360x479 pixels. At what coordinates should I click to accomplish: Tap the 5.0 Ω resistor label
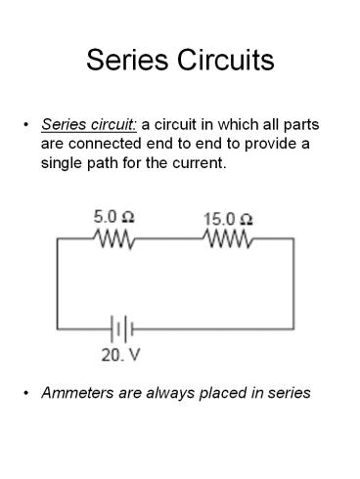(x=115, y=218)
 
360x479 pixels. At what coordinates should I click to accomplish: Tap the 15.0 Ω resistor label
(x=228, y=218)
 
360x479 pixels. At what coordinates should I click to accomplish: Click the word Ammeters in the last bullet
(x=78, y=393)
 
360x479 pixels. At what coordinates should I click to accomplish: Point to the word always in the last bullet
(x=166, y=393)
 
